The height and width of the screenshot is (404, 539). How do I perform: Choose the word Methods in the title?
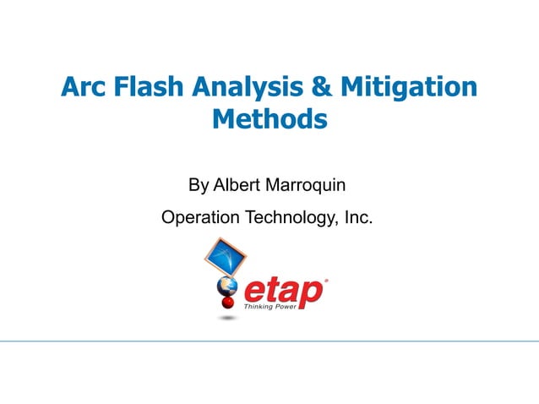(269, 119)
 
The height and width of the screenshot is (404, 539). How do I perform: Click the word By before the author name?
(199, 184)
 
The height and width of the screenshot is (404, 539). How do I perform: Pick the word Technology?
(289, 219)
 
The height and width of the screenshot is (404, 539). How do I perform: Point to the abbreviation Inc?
(357, 218)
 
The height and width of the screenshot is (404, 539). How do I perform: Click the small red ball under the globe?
(227, 303)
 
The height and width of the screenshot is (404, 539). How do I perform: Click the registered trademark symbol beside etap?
(327, 280)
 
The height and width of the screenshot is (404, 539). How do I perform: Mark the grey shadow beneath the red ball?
(226, 318)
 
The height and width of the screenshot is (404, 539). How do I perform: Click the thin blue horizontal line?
(269, 341)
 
